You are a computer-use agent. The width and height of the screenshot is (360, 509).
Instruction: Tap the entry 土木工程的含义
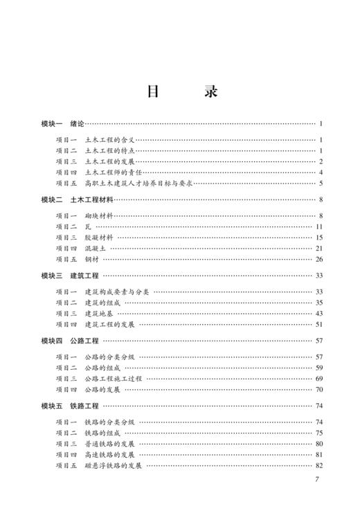pyautogui.click(x=110, y=140)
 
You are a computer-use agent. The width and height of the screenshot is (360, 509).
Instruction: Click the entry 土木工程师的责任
pyautogui.click(x=113, y=172)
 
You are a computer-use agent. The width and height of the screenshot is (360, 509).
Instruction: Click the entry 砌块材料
pyautogui.click(x=98, y=216)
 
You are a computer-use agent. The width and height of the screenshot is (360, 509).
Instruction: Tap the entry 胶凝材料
pyautogui.click(x=98, y=238)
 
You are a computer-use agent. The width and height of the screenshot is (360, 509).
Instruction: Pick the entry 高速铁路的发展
pyautogui.click(x=109, y=454)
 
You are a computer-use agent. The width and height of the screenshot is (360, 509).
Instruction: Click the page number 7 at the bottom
pyautogui.click(x=316, y=480)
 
